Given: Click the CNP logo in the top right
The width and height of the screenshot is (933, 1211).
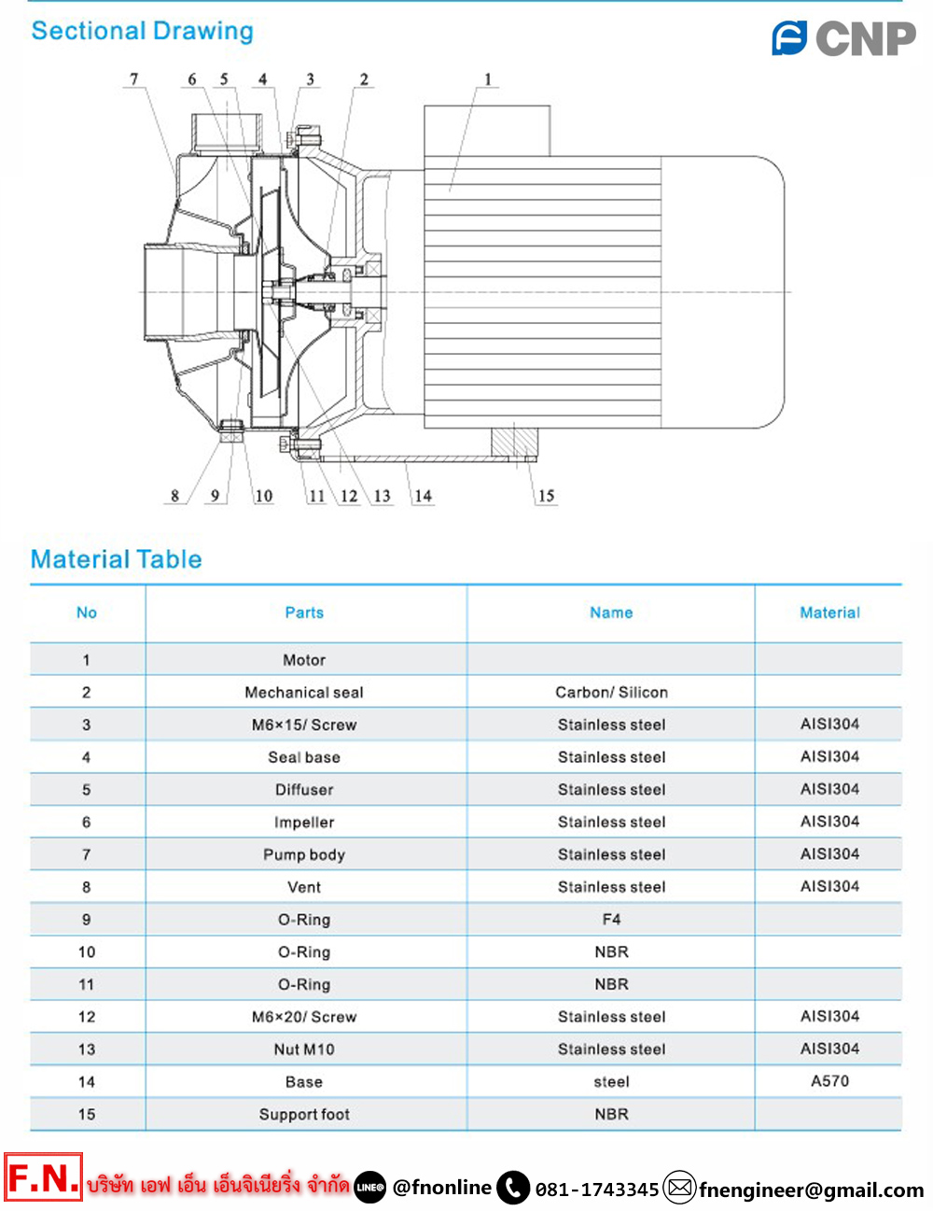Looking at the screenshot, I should (x=843, y=38).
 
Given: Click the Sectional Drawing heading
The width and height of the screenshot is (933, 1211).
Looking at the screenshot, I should (x=142, y=31).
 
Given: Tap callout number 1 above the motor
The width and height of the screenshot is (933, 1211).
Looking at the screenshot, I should (x=487, y=79).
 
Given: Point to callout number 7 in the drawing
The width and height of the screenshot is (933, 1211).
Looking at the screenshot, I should (x=133, y=79).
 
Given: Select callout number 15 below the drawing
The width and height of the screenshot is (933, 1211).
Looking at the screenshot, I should (x=546, y=496).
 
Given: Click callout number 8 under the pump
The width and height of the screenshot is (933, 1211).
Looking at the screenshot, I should (x=174, y=496).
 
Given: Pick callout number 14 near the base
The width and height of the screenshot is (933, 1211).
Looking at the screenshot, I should (x=423, y=496).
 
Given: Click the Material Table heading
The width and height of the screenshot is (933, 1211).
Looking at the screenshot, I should (x=117, y=559).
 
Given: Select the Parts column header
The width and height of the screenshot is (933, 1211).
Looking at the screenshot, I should (x=304, y=613).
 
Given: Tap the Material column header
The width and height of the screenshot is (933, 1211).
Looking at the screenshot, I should (x=829, y=613).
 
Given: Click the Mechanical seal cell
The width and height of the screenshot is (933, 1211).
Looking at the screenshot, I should (x=304, y=692).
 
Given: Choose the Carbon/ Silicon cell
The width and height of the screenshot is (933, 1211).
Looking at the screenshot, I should (x=611, y=692).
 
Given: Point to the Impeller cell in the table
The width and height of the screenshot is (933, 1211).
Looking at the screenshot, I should (x=304, y=822).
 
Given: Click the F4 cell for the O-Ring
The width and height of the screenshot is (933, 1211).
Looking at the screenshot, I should (x=611, y=919).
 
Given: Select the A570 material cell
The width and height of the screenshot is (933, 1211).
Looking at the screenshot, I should (x=829, y=1081).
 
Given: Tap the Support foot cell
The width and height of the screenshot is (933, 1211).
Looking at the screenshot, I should (x=304, y=1114).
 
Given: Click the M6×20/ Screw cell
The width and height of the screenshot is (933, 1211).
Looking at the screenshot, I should (x=304, y=1017).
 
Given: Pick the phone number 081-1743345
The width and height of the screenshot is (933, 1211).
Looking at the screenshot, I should (x=597, y=1190).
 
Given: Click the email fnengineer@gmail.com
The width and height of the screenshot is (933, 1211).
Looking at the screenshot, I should (x=811, y=1190).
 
